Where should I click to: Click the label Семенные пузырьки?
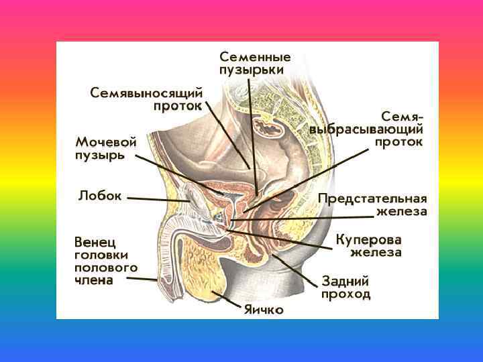coord(254,62)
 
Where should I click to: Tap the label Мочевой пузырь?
coord(106,148)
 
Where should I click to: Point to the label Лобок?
coord(100,196)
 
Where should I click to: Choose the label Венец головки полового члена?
coord(105,260)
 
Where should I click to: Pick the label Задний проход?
coord(345,288)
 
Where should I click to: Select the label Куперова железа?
coord(369,245)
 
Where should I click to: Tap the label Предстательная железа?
coord(372,204)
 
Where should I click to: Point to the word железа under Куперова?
coord(376,253)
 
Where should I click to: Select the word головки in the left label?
coord(101,255)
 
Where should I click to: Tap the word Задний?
coord(345,281)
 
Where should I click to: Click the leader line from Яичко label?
coord(228,300)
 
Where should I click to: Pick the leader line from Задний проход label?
coord(295,268)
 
